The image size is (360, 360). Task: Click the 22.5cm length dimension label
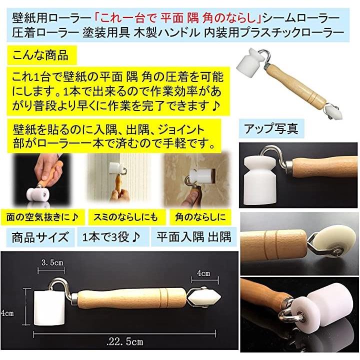pyautogui.click(x=125, y=341)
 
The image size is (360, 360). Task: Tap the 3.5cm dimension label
pyautogui.click(x=52, y=262)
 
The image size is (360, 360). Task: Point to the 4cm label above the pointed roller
pyautogui.click(x=203, y=273)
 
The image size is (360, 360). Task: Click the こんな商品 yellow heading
pyautogui.click(x=40, y=55)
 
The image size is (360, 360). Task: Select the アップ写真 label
pyautogui.click(x=271, y=128)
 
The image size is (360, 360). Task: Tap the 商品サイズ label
pyautogui.click(x=40, y=237)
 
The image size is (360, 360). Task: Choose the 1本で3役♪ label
pyautogui.click(x=111, y=236)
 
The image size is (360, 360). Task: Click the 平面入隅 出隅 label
pyautogui.click(x=193, y=236)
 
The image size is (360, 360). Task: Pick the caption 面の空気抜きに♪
pyautogui.click(x=42, y=217)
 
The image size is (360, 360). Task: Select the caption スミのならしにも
pyautogui.click(x=126, y=217)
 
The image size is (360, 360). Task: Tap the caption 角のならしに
pyautogui.click(x=200, y=217)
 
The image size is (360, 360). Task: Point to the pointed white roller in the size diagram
pyautogui.click(x=204, y=298)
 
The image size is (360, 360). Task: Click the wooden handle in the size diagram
pyautogui.click(x=131, y=298)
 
